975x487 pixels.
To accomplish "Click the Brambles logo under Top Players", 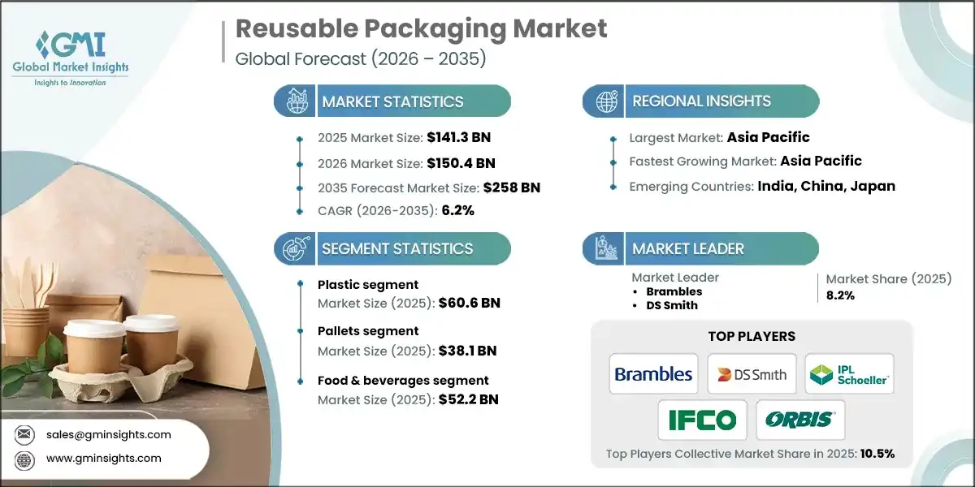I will (x=653, y=374).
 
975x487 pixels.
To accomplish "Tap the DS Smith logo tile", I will (x=752, y=374).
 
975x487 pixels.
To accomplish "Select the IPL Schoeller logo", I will (x=849, y=374).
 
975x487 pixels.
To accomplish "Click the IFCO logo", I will (x=703, y=420).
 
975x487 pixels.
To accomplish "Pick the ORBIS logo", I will (x=800, y=420).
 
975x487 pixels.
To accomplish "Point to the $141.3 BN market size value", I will (x=458, y=137).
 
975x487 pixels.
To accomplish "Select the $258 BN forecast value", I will (x=511, y=187).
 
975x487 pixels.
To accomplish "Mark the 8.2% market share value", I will (x=841, y=295).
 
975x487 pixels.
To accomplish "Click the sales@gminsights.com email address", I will (x=109, y=434).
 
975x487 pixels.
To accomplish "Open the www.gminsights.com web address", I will (x=104, y=458).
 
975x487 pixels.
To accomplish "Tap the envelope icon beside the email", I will (x=24, y=434).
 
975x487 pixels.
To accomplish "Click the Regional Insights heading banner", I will (x=700, y=101).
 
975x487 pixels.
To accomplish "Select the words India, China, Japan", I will (x=826, y=186).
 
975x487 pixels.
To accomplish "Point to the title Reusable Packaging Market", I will (x=421, y=29).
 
